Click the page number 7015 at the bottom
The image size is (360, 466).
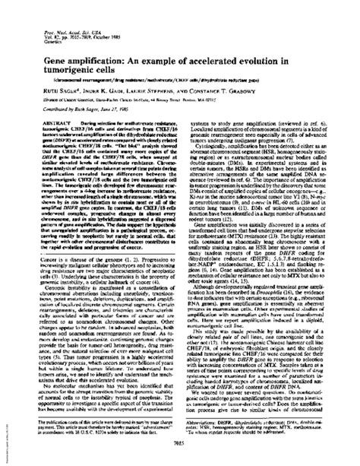[180, 446]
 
